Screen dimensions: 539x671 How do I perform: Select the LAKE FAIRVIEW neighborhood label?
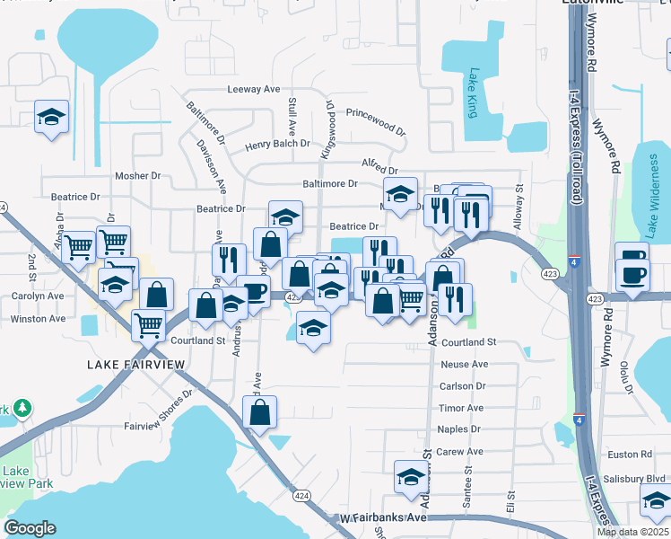point(136,364)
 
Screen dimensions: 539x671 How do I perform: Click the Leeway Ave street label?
point(254,89)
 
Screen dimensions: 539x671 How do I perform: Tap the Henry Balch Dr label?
point(277,144)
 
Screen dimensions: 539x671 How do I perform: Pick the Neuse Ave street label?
point(464,364)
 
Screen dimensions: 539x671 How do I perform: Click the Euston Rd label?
point(634,455)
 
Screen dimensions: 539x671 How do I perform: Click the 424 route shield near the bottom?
point(301,495)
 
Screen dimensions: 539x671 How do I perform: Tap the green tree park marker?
point(22,410)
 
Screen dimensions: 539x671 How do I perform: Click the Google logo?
point(30,527)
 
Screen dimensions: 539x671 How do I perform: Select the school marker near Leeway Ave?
point(51,116)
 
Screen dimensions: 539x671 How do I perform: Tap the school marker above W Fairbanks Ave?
point(411,476)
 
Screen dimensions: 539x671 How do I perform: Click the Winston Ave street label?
point(38,319)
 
